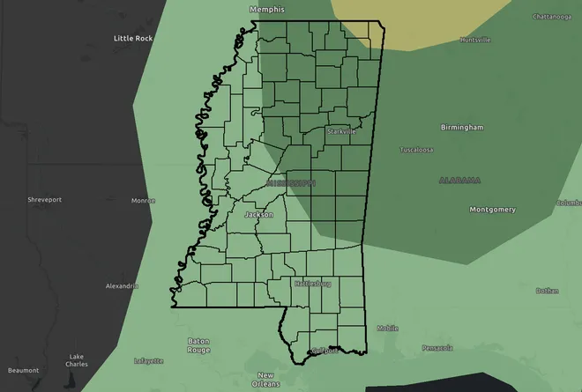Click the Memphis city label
267,9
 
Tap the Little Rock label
134,39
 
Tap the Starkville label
340,130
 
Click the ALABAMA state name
459,180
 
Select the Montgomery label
492,210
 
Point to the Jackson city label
259,215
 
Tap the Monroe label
143,201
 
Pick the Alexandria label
122,286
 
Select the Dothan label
547,290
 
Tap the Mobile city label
388,328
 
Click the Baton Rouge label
198,345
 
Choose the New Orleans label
265,380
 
